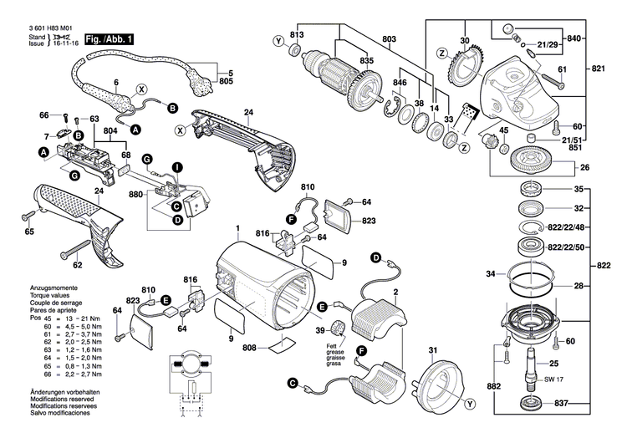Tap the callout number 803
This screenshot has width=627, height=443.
click(389, 39)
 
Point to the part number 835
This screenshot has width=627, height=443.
click(344, 61)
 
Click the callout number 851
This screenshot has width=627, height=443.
click(575, 148)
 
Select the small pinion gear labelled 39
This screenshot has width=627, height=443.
click(339, 327)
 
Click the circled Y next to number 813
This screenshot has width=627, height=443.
click(279, 42)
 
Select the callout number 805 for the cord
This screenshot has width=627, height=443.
click(226, 84)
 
